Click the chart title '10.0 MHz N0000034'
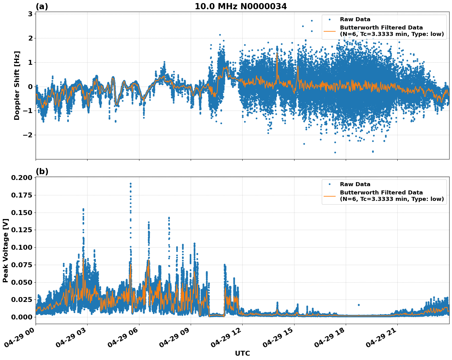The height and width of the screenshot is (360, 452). point(240,6)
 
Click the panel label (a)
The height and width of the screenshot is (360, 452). point(42,6)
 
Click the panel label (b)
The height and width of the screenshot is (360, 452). point(42,171)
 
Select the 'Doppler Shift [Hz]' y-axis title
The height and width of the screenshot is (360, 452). point(17,85)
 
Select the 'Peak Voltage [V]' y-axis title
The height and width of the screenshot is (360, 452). point(6,250)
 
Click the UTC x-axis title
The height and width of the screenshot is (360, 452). point(242,354)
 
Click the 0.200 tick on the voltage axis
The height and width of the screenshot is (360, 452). point(21,178)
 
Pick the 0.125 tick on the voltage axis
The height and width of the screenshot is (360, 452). point(21,230)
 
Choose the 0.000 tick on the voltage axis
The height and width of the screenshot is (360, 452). point(21,317)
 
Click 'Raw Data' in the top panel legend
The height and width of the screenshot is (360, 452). point(355,20)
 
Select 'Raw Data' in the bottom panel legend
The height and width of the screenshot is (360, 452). point(355,184)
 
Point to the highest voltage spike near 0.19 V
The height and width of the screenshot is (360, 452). point(131,184)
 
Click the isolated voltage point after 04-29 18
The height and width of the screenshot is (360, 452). point(359,305)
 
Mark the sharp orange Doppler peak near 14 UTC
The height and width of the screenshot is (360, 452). point(277,53)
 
